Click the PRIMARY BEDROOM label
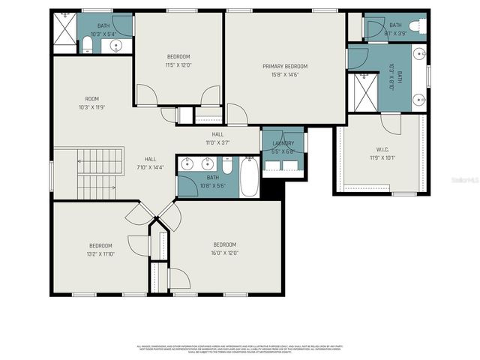click(284, 66)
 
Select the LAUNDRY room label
click(283, 142)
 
